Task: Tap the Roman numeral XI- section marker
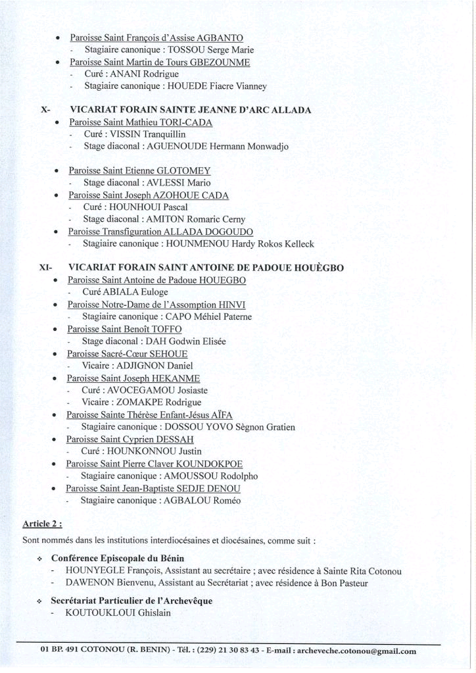[x=46, y=268]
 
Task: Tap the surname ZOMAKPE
[x=146, y=402]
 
